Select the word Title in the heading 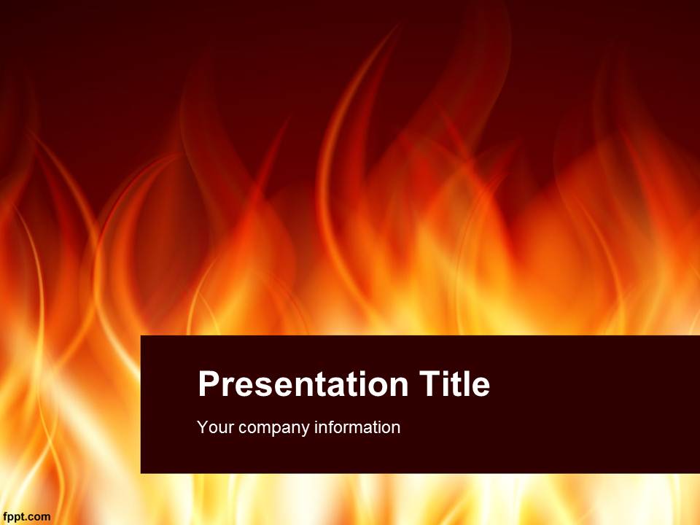[x=454, y=384]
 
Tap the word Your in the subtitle [x=216, y=427]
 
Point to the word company [x=274, y=429]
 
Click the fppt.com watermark [x=27, y=518]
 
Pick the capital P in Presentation [x=209, y=384]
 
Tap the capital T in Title [x=430, y=384]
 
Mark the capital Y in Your [x=203, y=427]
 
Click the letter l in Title [x=466, y=384]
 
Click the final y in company [x=306, y=430]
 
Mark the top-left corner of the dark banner [x=141, y=335]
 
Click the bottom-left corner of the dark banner [x=141, y=473]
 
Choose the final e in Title [x=481, y=387]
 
